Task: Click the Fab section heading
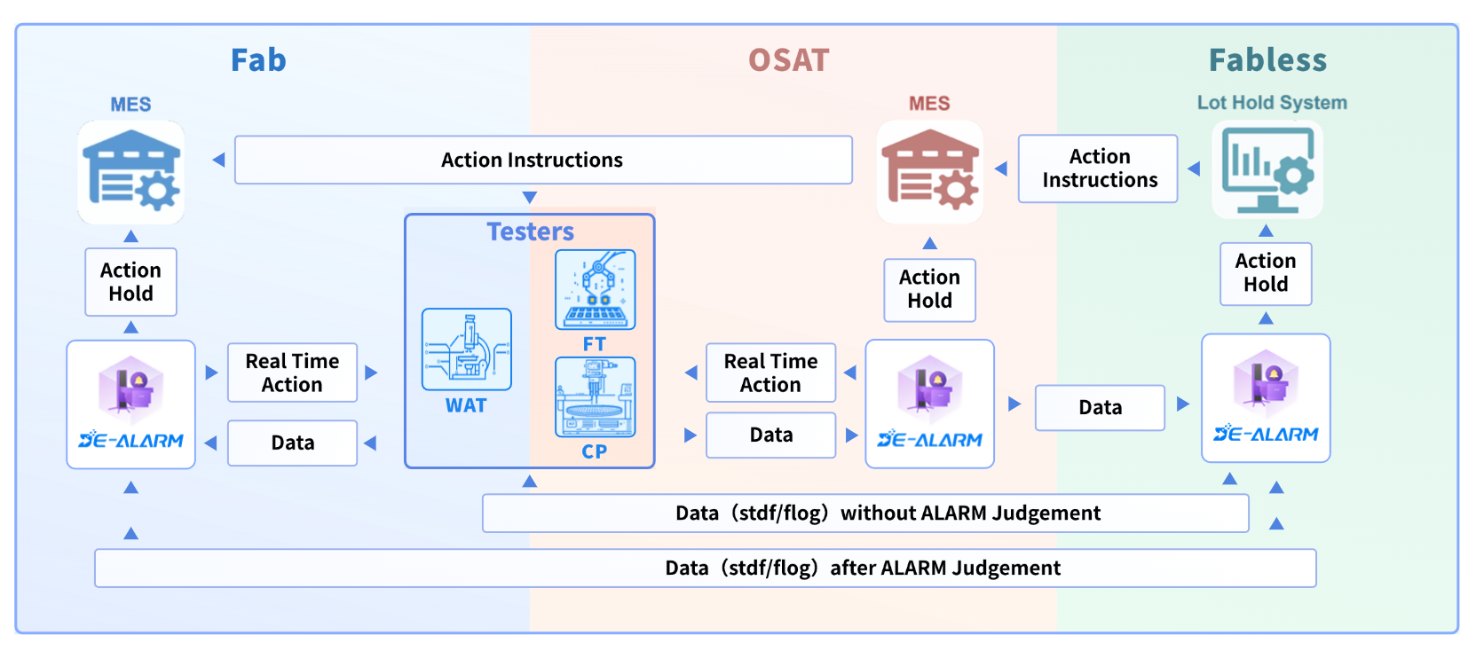pyautogui.click(x=258, y=60)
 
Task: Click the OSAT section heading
pyautogui.click(x=788, y=60)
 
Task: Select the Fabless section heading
pyautogui.click(x=1267, y=60)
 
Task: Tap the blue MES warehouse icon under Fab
pyautogui.click(x=131, y=172)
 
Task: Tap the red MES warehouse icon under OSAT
pyautogui.click(x=929, y=171)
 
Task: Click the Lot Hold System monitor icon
pyautogui.click(x=1267, y=169)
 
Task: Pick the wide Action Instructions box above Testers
pyautogui.click(x=543, y=160)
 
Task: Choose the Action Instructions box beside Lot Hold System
pyautogui.click(x=1099, y=169)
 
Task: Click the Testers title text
pyautogui.click(x=530, y=231)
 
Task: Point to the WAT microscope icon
pyautogui.click(x=467, y=349)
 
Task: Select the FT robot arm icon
pyautogui.click(x=595, y=289)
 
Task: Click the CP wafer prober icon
pyautogui.click(x=595, y=396)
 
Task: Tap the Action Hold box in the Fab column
pyautogui.click(x=131, y=282)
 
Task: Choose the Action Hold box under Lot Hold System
pyautogui.click(x=1266, y=273)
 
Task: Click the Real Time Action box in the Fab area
pyautogui.click(x=292, y=373)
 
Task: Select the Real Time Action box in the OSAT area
pyautogui.click(x=770, y=373)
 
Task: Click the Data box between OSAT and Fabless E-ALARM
pyautogui.click(x=1100, y=407)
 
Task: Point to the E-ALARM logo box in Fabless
pyautogui.click(x=1266, y=398)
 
